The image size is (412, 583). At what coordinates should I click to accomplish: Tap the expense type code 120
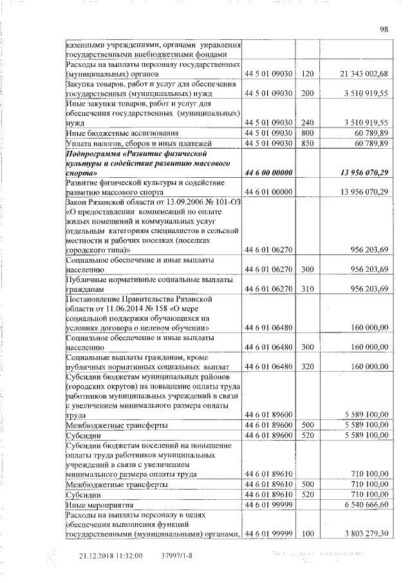306,75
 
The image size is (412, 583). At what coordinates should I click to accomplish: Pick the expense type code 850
306,143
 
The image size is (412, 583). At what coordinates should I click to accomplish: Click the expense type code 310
306,289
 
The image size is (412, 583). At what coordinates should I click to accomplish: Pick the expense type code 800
306,133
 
